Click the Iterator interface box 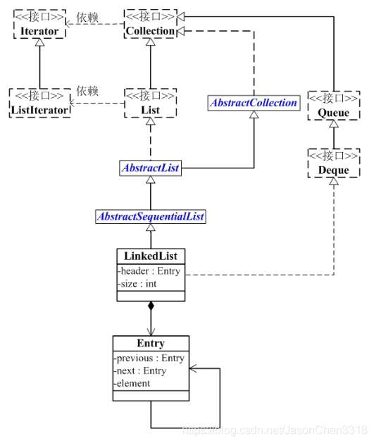click(x=39, y=25)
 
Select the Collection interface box click(x=150, y=25)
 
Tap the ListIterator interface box click(x=40, y=103)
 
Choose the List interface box click(x=150, y=103)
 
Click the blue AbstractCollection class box click(x=254, y=103)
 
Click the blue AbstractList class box click(x=150, y=168)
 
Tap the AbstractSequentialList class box click(x=150, y=216)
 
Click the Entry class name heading click(x=151, y=344)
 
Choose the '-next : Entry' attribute click(x=142, y=370)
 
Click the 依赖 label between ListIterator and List click(x=87, y=92)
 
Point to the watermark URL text click(x=275, y=430)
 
